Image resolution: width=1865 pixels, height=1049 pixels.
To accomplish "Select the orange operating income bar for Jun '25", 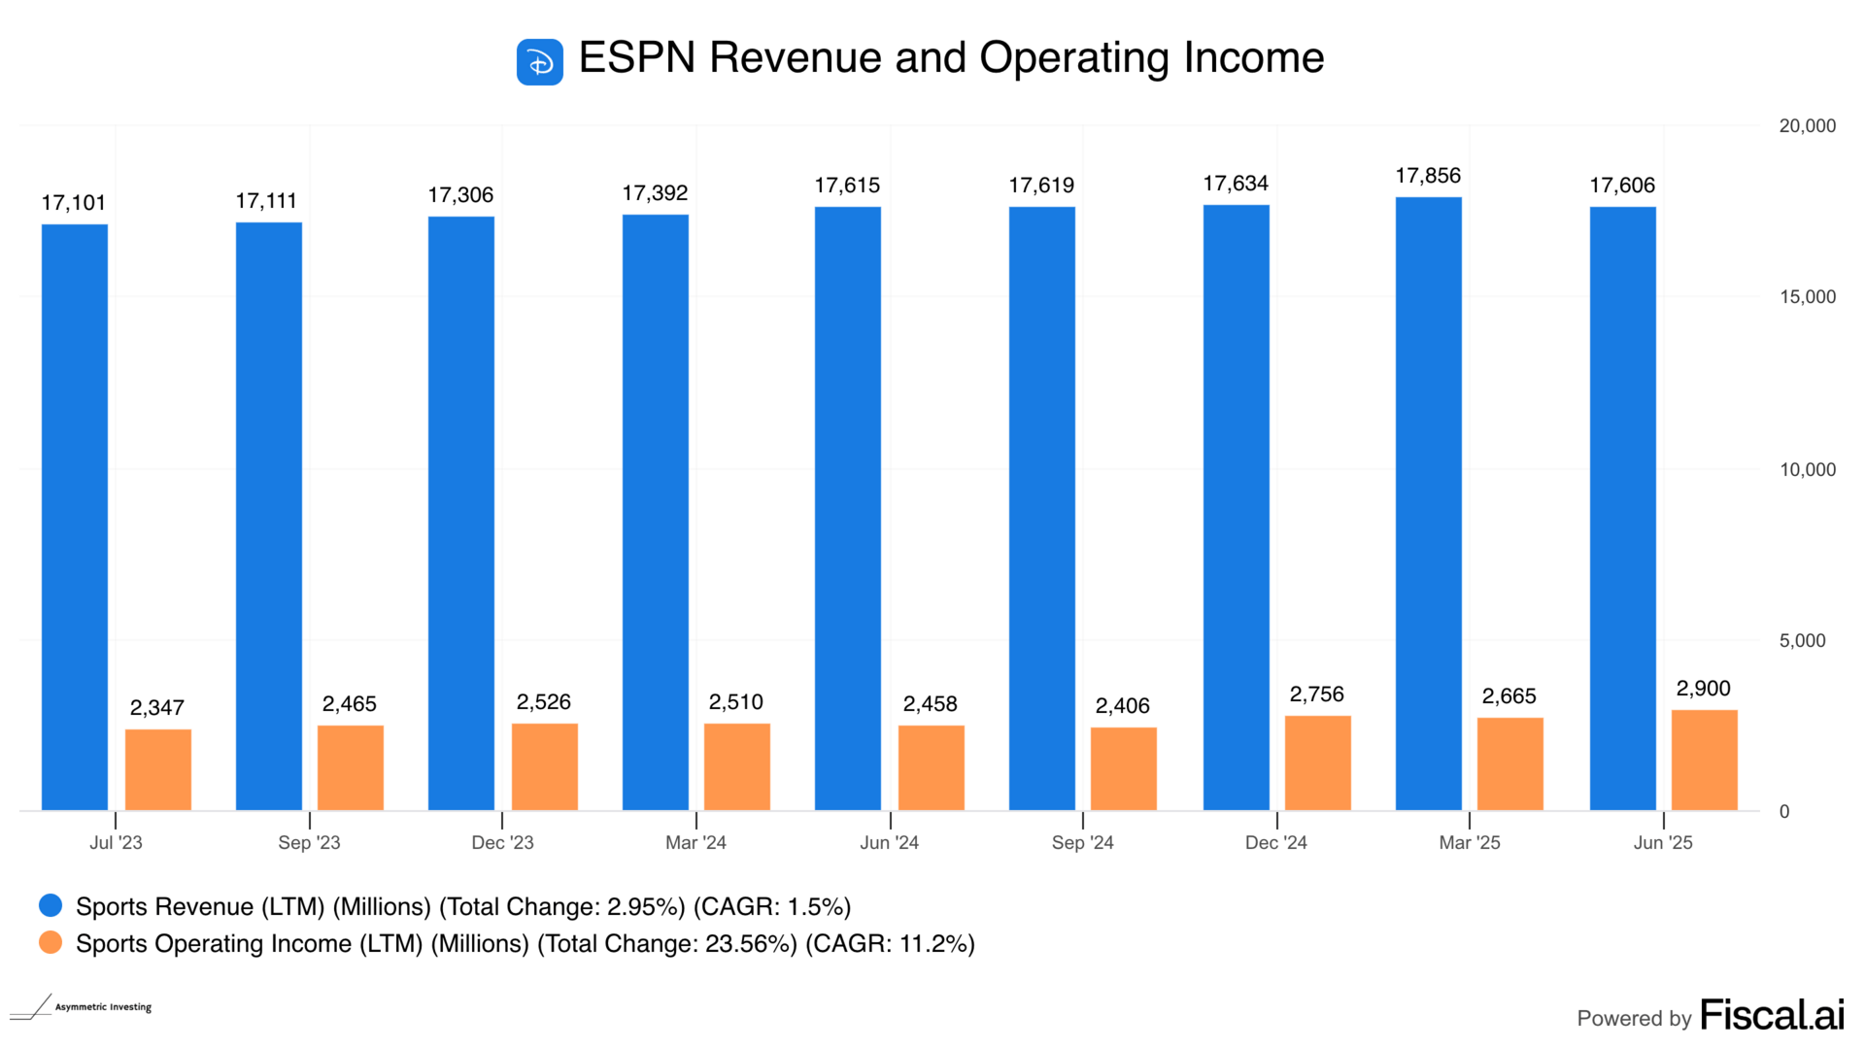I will (x=1704, y=760).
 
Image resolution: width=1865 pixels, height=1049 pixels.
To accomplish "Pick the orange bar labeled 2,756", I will (x=1317, y=762).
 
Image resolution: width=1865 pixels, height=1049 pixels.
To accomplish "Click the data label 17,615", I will (x=847, y=186).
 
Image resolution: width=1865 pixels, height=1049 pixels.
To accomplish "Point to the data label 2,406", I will (x=1122, y=706).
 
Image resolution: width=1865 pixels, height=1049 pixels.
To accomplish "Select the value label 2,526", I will (x=543, y=702).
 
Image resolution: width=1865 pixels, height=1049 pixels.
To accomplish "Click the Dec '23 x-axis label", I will (x=502, y=843).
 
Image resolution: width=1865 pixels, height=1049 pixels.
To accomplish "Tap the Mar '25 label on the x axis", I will (x=1469, y=843).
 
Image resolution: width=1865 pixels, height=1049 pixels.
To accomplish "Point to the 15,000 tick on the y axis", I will (x=1807, y=297).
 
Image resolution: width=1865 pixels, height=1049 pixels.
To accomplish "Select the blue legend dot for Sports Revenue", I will (x=51, y=906).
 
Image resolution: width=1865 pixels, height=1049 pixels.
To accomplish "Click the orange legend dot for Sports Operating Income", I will (x=51, y=943).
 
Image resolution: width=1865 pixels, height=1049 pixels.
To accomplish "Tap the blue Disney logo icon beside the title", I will (x=539, y=62).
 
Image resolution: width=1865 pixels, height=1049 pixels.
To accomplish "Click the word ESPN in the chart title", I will (x=637, y=58).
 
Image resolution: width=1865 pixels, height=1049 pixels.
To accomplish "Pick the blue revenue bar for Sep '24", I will (x=1041, y=508).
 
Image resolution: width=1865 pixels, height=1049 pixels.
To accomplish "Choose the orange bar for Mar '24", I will (x=736, y=766).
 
